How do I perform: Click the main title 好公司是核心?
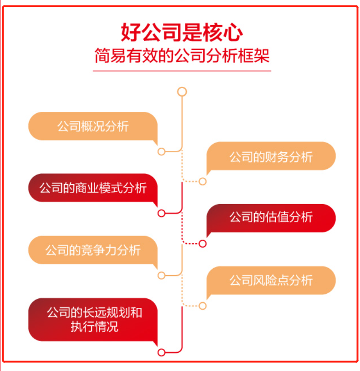point(182,33)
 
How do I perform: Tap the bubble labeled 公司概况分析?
point(93,126)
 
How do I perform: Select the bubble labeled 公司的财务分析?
point(271,156)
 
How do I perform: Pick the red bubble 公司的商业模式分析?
point(93,188)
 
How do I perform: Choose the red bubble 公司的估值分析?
point(271,217)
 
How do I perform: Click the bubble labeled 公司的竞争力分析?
point(93,250)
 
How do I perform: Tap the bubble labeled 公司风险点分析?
point(271,280)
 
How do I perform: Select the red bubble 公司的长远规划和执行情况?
point(93,319)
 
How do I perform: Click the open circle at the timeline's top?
point(182,92)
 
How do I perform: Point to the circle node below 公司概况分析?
point(161,151)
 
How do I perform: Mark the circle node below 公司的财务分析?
point(203,181)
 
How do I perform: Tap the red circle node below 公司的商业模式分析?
point(161,213)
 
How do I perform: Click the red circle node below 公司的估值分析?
point(203,244)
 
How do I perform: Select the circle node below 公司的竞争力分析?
point(161,275)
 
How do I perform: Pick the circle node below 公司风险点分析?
point(203,306)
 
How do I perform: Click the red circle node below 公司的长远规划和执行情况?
point(161,352)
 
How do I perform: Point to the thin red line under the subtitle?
point(182,71)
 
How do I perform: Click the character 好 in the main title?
point(130,33)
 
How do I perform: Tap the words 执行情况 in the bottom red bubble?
point(94,326)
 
